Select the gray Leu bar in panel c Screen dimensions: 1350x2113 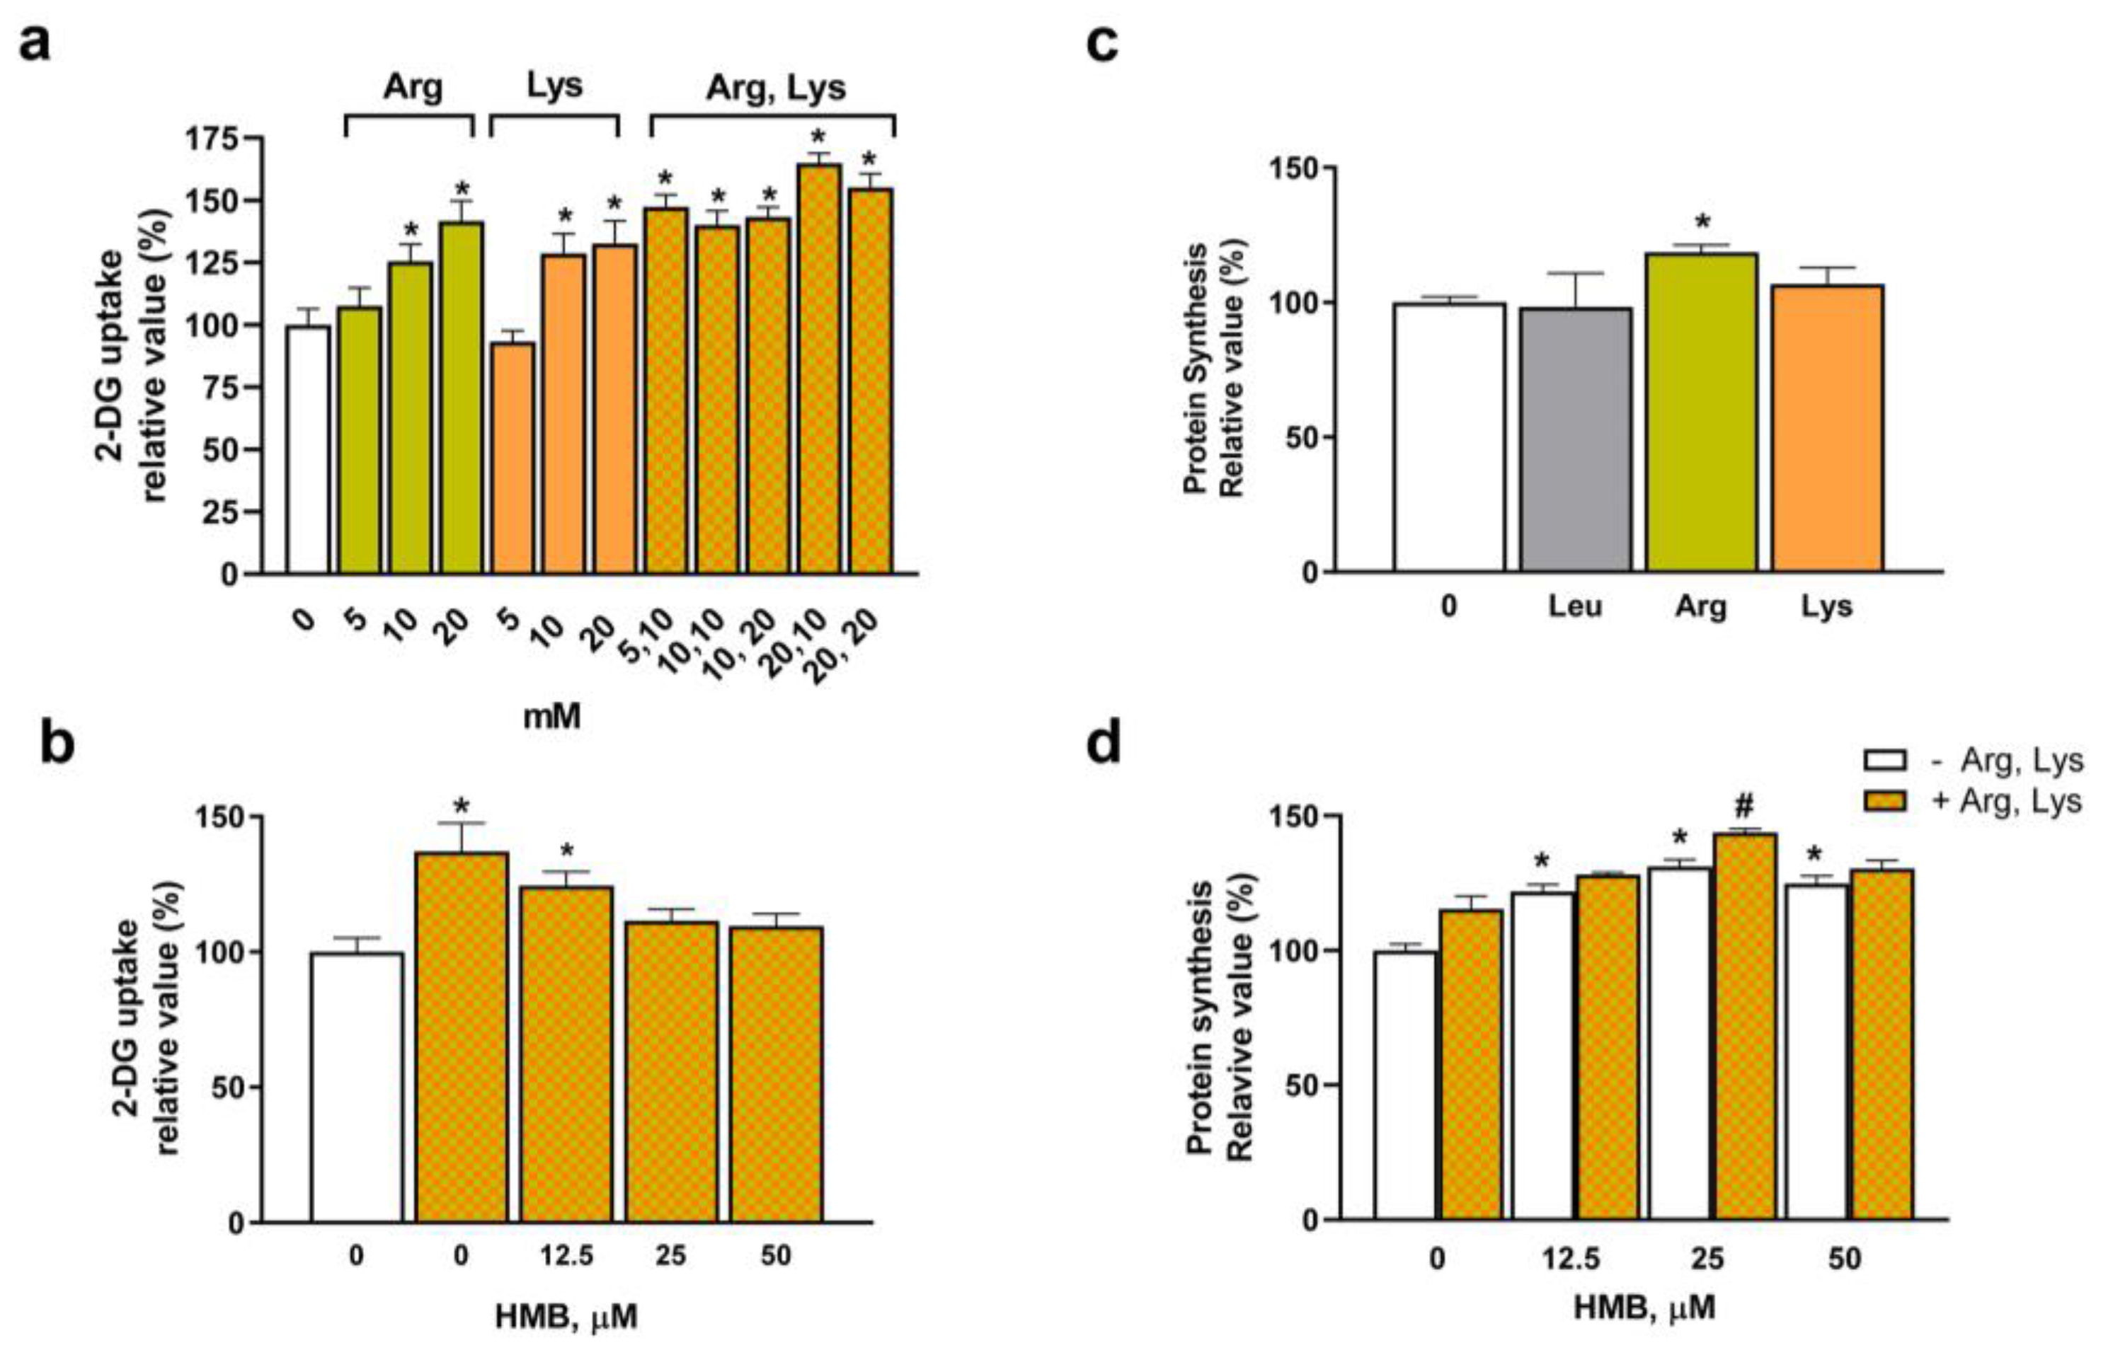1576,439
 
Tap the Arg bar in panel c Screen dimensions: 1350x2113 1702,412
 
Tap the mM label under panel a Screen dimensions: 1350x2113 552,717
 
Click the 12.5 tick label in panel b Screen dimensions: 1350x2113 566,1256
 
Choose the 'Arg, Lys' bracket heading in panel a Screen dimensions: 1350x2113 776,87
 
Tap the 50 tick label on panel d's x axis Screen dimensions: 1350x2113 1845,1259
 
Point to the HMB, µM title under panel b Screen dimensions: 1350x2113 566,1316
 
